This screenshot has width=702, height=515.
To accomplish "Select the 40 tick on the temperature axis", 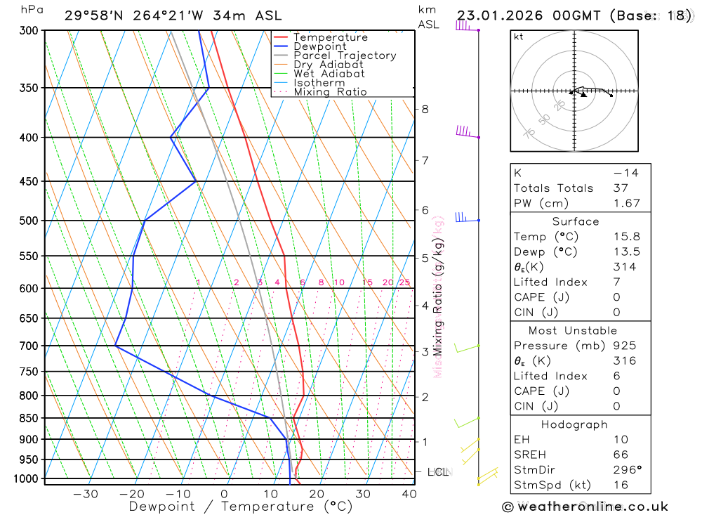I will coord(409,494).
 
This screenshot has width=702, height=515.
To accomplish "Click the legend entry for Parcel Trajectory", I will coord(345,56).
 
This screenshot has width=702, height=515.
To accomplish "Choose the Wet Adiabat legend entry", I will coord(329,74).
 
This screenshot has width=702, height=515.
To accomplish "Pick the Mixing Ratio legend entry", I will coord(330,92).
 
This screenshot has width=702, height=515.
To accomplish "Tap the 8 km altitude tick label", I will coord(425,109).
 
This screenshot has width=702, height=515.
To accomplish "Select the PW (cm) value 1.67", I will coord(627,203).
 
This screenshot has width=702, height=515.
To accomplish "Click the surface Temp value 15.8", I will coord(627,237).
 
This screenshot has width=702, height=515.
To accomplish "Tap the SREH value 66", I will coord(621,455).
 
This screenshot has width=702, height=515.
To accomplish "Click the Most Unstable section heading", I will coord(574,330).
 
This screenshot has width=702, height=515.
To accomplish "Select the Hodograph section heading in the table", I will coord(574,424).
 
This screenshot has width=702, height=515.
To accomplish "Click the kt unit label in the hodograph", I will coord(519,37).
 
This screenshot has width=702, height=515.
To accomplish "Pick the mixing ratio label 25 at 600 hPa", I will coord(404,282).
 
